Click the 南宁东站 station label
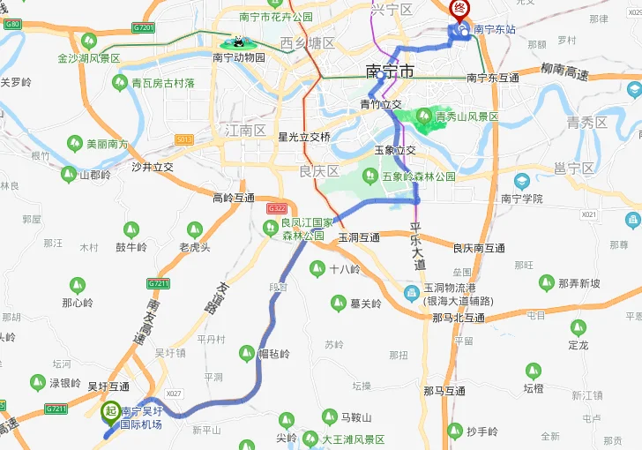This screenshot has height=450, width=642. (495, 30)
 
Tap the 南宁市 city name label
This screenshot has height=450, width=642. (389, 72)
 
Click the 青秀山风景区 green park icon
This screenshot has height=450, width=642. (425, 116)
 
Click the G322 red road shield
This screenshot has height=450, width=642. (276, 208)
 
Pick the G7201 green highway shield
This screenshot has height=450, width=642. (144, 28)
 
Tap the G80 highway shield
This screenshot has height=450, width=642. (12, 24)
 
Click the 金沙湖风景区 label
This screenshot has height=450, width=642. (88, 58)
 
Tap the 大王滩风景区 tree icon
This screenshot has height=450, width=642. (308, 439)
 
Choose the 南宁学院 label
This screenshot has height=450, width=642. (521, 199)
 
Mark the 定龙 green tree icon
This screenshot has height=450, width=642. (578, 328)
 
